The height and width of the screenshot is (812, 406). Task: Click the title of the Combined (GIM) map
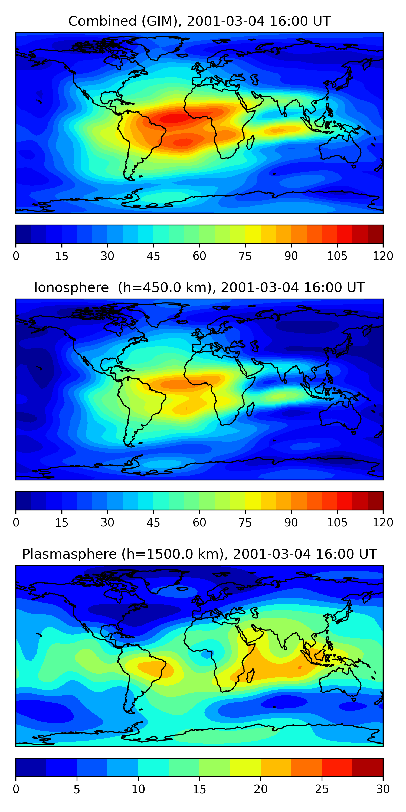[x=199, y=21]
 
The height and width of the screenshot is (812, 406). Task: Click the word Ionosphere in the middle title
[x=71, y=288]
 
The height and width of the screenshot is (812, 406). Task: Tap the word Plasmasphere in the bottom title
[x=69, y=554]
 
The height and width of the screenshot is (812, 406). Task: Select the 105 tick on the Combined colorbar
[x=337, y=256]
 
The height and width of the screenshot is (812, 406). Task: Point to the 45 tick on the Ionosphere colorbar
[x=153, y=522]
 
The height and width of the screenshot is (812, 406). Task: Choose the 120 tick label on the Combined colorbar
[x=383, y=256]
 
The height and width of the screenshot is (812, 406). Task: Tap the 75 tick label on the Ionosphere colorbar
[x=245, y=522]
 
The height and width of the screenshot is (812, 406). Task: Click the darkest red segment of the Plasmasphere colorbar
[x=368, y=767]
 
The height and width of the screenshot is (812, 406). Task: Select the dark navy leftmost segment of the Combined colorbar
[x=23, y=234]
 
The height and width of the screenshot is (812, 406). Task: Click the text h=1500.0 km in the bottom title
[x=173, y=554]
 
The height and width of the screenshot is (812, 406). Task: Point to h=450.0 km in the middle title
[x=165, y=288]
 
